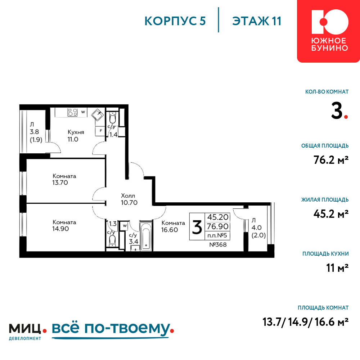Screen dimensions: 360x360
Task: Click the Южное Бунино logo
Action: pyautogui.click(x=328, y=31)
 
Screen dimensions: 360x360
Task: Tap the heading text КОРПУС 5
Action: pyautogui.click(x=175, y=21)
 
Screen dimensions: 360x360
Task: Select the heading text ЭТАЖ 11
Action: pyautogui.click(x=257, y=21)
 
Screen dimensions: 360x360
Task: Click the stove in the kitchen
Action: pyautogui.click(x=73, y=112)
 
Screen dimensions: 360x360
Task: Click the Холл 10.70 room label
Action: pyautogui.click(x=129, y=199)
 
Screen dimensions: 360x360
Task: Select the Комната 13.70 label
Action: pyautogui.click(x=64, y=179)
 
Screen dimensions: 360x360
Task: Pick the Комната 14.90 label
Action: pyautogui.click(x=64, y=225)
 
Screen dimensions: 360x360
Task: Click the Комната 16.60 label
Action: pyautogui.click(x=173, y=226)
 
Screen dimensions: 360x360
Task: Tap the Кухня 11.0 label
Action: pyautogui.click(x=76, y=136)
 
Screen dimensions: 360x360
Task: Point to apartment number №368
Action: pyautogui.click(x=218, y=245)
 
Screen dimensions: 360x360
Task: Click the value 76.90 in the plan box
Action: pyautogui.click(x=218, y=226)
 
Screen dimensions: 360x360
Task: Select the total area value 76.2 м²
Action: pyautogui.click(x=331, y=160)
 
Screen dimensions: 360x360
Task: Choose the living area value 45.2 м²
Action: pyautogui.click(x=331, y=214)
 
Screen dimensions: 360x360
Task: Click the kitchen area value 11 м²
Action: pyautogui.click(x=337, y=268)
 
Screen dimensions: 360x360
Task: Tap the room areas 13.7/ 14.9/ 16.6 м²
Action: pyautogui.click(x=306, y=322)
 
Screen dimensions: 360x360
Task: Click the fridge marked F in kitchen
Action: pyautogui.click(x=100, y=131)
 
